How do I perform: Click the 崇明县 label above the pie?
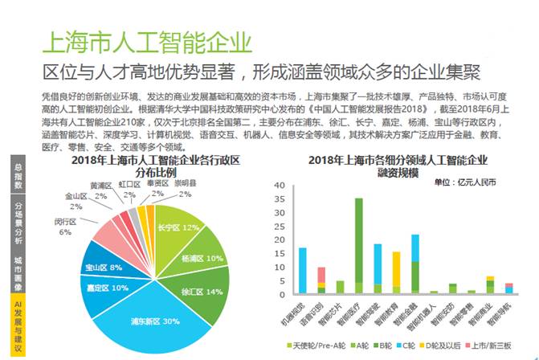pyautogui.click(x=186, y=182)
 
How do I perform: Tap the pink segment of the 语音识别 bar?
pyautogui.click(x=321, y=274)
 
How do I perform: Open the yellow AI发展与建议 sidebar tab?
pyautogui.click(x=17, y=325)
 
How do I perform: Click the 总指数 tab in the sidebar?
pyautogui.click(x=17, y=176)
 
